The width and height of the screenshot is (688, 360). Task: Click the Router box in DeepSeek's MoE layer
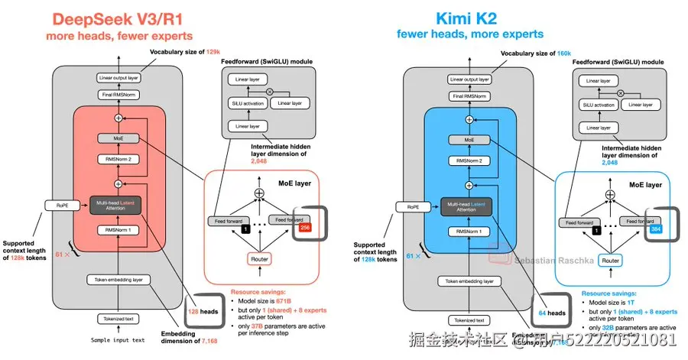pos(260,260)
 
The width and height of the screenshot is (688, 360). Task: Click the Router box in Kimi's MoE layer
pos(610,260)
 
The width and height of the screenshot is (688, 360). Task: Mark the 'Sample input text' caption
pos(118,339)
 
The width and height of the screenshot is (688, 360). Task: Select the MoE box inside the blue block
pos(471,140)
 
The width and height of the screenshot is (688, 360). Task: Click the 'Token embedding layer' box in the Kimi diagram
pos(471,281)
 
